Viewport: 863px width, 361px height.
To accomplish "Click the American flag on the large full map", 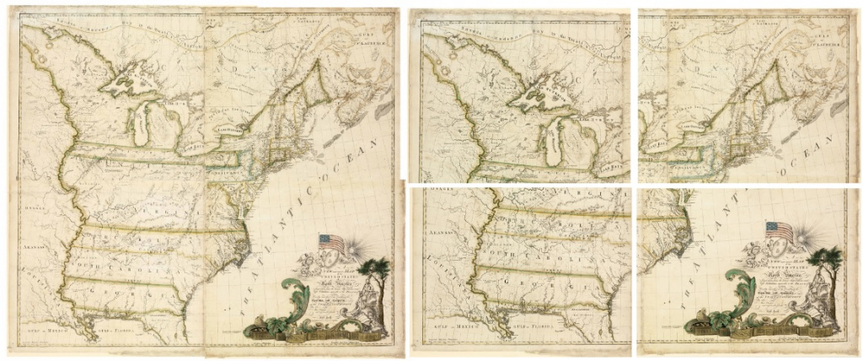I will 331,243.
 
